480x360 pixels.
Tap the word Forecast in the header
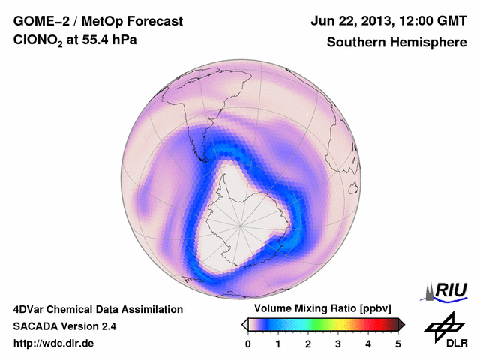click(154, 21)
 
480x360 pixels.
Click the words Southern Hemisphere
click(397, 43)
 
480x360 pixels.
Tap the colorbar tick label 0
click(248, 344)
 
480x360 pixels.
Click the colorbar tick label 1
click(278, 344)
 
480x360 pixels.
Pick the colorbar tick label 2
click(308, 344)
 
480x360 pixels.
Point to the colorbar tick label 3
click(338, 344)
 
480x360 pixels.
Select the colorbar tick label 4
click(368, 344)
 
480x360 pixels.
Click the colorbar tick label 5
click(398, 344)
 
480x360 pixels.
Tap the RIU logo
click(445, 290)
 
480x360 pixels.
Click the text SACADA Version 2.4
click(64, 326)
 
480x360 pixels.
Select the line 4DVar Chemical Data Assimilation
click(97, 309)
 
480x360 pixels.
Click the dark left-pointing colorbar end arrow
click(244, 324)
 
